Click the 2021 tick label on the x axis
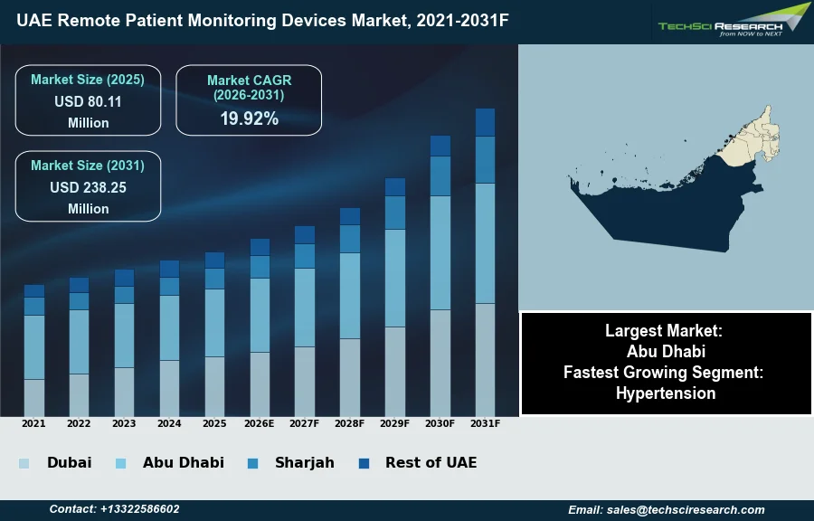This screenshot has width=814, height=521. pyautogui.click(x=33, y=423)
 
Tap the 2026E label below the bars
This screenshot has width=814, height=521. pyautogui.click(x=260, y=423)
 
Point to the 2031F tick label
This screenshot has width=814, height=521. pyautogui.click(x=486, y=423)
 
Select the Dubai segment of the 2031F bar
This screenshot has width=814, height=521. pyautogui.click(x=486, y=359)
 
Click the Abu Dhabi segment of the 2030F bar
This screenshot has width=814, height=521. pyautogui.click(x=440, y=252)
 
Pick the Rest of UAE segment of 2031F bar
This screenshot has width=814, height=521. pyautogui.click(x=486, y=122)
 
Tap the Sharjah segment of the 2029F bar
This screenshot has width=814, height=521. pyautogui.click(x=395, y=213)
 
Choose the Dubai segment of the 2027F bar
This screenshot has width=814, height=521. pyautogui.click(x=305, y=381)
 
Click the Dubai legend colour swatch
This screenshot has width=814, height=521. pyautogui.click(x=24, y=463)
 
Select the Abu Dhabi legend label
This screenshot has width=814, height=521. pyautogui.click(x=183, y=462)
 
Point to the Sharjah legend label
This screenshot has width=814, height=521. pyautogui.click(x=305, y=462)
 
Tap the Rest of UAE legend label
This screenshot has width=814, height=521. pyautogui.click(x=431, y=462)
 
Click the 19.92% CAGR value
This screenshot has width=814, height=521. pyautogui.click(x=249, y=118)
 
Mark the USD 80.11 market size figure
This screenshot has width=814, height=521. pyautogui.click(x=88, y=101)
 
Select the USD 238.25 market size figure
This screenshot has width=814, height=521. pyautogui.click(x=88, y=187)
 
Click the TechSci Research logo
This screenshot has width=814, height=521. pyautogui.click(x=733, y=21)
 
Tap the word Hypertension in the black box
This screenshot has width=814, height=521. pyautogui.click(x=666, y=393)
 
